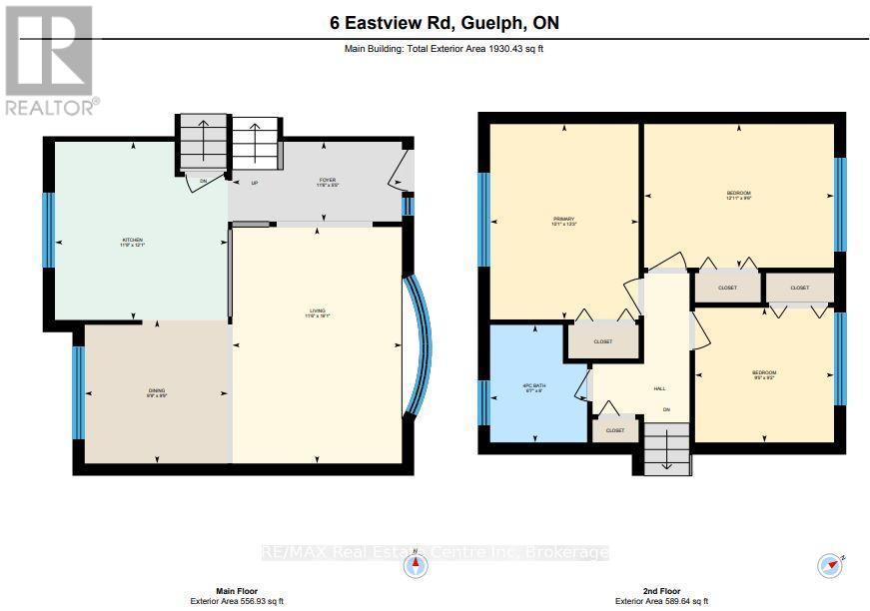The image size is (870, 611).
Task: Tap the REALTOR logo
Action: [49, 59]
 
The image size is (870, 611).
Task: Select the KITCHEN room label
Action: [133, 242]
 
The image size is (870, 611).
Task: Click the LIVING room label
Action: [317, 313]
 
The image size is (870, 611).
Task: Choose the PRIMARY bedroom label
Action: [564, 221]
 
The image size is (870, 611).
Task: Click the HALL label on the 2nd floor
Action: [659, 389]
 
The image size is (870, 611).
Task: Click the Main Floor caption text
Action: [237, 591]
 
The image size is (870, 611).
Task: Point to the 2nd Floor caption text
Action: [662, 591]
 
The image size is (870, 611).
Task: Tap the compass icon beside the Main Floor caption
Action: [416, 567]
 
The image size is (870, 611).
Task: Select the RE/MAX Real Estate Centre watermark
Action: [435, 552]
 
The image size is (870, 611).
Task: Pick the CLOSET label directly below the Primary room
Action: [602, 341]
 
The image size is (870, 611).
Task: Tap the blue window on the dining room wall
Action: [78, 392]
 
